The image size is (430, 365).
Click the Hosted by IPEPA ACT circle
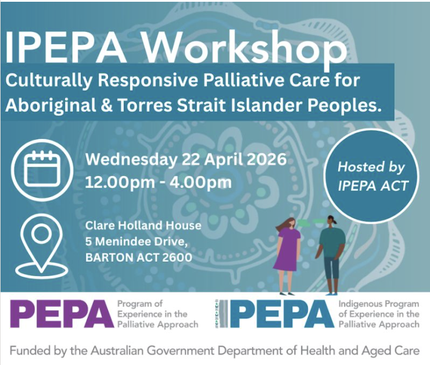[x=371, y=176]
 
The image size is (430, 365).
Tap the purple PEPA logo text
[x=62, y=314]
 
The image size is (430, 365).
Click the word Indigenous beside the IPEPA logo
[x=359, y=304]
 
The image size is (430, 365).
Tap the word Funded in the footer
[x=28, y=350]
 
